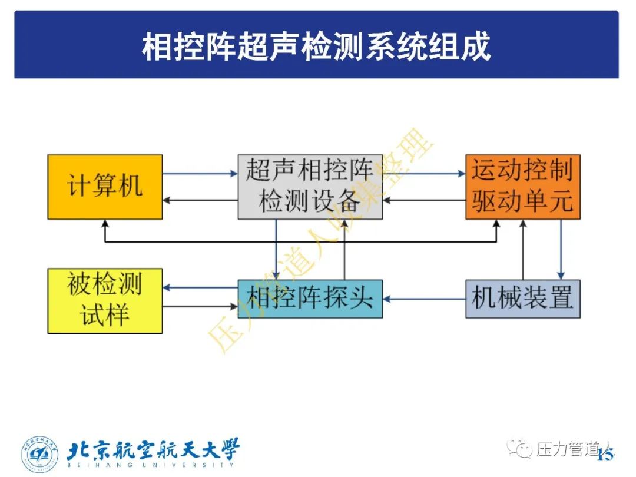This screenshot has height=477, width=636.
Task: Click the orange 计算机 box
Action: [105, 187]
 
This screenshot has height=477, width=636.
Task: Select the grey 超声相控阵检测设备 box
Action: [310, 187]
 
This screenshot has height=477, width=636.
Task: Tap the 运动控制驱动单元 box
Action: [522, 187]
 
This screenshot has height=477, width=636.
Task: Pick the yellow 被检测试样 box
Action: [105, 300]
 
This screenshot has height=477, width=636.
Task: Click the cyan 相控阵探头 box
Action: [310, 299]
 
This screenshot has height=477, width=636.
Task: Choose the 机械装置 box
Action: [522, 299]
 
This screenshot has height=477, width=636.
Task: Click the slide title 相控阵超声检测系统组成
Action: [316, 46]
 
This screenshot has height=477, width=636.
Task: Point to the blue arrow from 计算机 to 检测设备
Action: [200, 174]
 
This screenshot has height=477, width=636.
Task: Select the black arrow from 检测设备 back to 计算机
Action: [200, 200]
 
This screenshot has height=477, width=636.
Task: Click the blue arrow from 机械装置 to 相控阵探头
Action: [424, 299]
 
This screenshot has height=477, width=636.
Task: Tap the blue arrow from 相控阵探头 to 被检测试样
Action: [200, 288]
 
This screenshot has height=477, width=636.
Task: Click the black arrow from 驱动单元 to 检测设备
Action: [424, 200]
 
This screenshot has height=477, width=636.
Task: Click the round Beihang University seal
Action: [40, 455]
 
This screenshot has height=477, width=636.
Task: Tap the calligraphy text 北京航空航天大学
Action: [153, 450]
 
